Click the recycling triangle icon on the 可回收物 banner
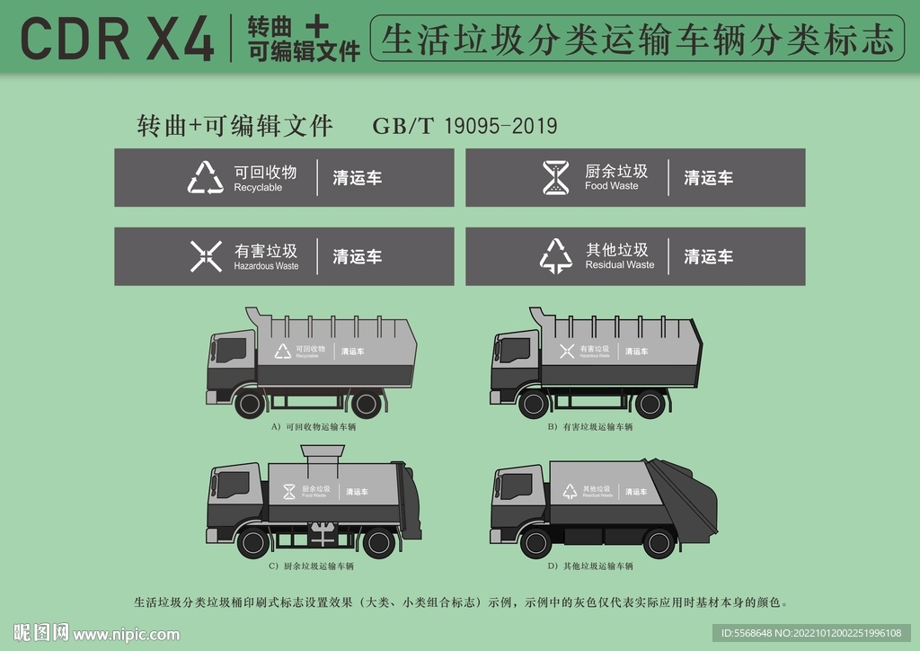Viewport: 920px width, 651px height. tap(206, 178)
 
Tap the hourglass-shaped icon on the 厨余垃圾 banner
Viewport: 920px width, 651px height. tap(555, 177)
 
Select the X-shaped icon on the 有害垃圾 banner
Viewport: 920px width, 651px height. tap(206, 256)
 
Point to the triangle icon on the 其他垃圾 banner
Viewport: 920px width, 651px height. tap(556, 256)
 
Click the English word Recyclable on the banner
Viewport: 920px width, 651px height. tap(258, 188)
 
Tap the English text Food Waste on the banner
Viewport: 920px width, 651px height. tap(611, 186)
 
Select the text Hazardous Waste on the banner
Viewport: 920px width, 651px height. tap(266, 266)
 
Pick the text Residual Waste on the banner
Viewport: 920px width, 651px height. tap(620, 265)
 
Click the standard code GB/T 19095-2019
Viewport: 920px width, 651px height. tap(464, 126)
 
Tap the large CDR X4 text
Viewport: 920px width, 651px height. tap(117, 39)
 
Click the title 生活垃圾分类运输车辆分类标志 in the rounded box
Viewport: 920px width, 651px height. tap(638, 40)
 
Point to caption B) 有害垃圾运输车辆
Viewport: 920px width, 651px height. tap(590, 427)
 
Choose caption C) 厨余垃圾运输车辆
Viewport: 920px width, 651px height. tap(311, 566)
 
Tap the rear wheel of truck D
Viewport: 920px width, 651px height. tap(659, 542)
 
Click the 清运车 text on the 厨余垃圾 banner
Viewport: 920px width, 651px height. tap(708, 178)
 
